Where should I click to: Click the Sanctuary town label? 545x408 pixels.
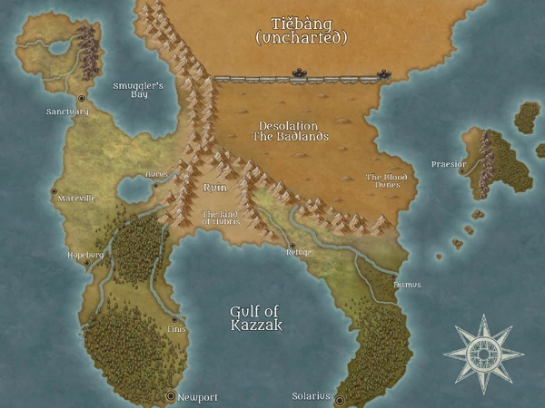pos(67,112)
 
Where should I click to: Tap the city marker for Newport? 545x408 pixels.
pos(170,396)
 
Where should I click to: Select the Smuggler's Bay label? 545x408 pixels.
pos(136,89)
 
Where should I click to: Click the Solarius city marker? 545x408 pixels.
pos(339,400)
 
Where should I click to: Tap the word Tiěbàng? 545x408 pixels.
pos(301,23)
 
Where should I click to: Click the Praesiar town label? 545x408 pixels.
pos(447,164)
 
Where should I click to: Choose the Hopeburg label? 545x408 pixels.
pos(86,255)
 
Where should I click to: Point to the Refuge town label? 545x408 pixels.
pos(298,251)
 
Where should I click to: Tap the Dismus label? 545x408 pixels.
pos(406,285)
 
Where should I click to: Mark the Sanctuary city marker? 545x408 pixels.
pos(82,98)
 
